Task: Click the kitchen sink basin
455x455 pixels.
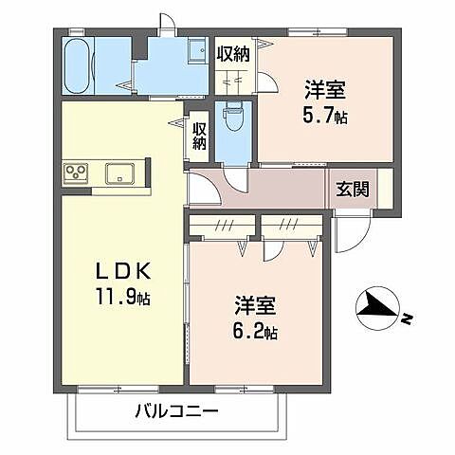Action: coord(119,173)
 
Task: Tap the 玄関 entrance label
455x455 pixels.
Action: coord(352,188)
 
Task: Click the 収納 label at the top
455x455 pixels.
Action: coord(233,54)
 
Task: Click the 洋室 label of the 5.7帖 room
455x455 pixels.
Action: coord(323,91)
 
